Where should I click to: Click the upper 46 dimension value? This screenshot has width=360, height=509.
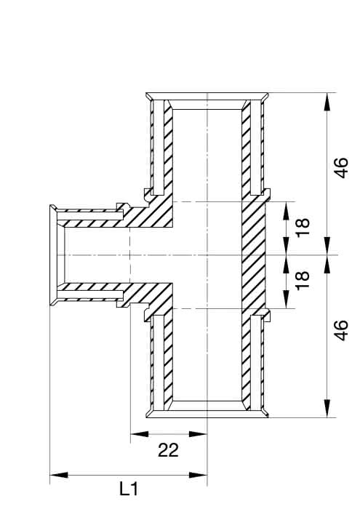pos(342,168)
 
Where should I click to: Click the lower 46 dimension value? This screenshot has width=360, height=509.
pos(342,330)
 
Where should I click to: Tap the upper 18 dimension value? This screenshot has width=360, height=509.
pos(303,228)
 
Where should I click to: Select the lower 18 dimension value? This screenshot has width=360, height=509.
pos(303,281)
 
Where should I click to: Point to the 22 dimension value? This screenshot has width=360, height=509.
pos(168,450)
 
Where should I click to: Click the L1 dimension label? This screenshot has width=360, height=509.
pos(129,489)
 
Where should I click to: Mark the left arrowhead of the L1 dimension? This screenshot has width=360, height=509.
pos(59,475)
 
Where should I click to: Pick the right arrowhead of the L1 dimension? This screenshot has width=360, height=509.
pos(198,475)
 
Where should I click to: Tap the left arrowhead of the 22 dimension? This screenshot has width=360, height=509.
pos(139,433)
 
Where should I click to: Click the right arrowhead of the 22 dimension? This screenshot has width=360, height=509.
pos(198,433)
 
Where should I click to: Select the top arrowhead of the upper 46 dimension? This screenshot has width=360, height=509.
pos(328,102)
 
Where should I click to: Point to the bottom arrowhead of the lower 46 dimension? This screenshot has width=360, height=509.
pos(328,408)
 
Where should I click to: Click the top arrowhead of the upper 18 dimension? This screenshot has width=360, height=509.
pos(287,211)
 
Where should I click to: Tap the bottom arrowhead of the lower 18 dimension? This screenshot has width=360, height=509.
pos(287,299)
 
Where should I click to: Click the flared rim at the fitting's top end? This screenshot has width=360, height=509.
pos(207,97)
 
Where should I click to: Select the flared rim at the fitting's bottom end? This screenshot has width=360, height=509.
pos(207,413)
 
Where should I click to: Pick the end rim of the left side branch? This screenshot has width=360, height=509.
pos(53,255)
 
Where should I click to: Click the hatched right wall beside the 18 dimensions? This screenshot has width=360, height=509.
pos(254,255)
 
